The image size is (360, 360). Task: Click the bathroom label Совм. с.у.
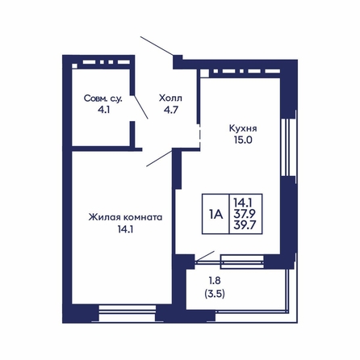pos(103,98)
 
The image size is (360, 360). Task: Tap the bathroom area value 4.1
pos(103,110)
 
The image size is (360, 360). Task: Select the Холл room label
pos(170,98)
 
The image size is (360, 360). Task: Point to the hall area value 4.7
pos(171,110)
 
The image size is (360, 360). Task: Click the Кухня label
pos(243,128)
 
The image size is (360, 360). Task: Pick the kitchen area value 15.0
pos(243,140)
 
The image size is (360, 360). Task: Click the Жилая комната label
pos(125,217)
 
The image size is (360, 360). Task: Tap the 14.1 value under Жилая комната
pos(126,229)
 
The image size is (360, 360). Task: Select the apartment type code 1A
pos(216,214)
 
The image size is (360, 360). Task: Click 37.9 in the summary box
pos(245,213)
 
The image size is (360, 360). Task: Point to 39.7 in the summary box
pos(245,224)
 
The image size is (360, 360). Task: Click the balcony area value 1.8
pos(215,281)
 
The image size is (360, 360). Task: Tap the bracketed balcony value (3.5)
pos(215,294)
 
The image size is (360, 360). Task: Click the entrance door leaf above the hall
pos(157,46)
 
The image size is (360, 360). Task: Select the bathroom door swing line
pos(140,107)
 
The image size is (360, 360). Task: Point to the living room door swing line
pos(159,158)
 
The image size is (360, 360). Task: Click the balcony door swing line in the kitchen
pos(205,256)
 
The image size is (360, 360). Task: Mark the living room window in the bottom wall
pos(128,312)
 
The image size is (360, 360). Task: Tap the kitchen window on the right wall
pos(288,147)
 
